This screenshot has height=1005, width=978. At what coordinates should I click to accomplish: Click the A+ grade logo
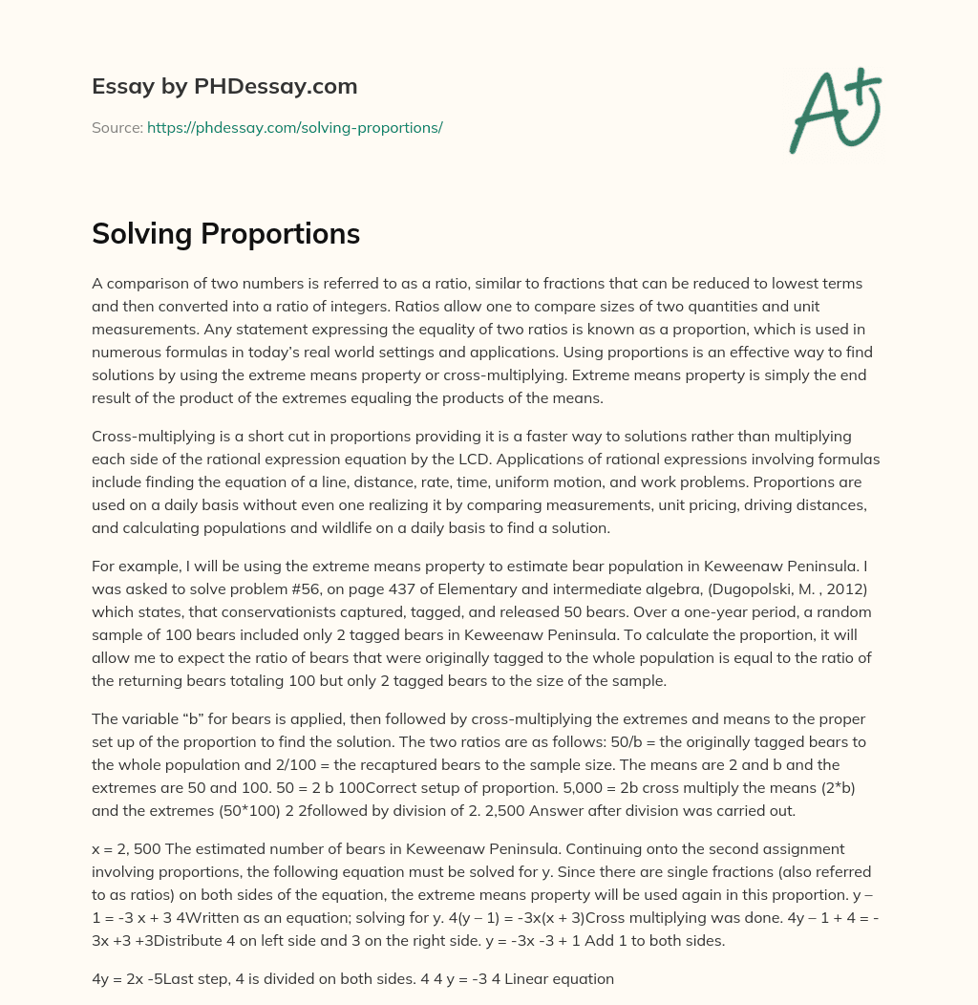tap(835, 111)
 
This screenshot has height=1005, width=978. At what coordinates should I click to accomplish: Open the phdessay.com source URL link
tap(294, 127)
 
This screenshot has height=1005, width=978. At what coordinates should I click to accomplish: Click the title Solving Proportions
tap(225, 234)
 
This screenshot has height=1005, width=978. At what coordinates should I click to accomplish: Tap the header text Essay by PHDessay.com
tap(224, 87)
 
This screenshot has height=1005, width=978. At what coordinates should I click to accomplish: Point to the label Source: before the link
tap(117, 127)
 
